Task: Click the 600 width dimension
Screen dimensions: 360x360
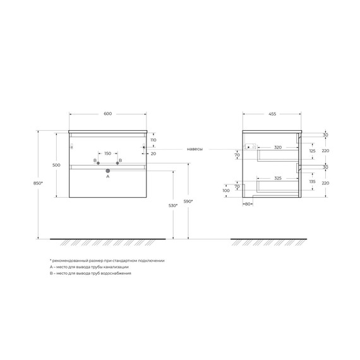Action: point(107,114)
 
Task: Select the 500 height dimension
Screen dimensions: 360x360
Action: point(56,165)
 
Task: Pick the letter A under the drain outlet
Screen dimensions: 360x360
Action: point(107,177)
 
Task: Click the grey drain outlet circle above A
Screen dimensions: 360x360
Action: point(107,171)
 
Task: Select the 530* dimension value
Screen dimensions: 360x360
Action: point(164,206)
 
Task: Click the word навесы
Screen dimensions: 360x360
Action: point(195,149)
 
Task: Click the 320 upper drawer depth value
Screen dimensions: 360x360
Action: point(277,147)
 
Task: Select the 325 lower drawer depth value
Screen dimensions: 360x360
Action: point(279,177)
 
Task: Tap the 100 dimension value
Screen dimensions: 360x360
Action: point(226,190)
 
